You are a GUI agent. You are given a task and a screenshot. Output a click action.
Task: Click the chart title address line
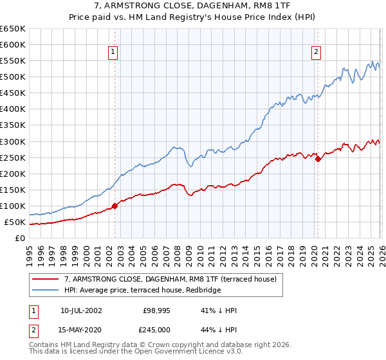pos(193,6)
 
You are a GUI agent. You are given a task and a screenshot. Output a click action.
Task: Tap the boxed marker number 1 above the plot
pos(113,53)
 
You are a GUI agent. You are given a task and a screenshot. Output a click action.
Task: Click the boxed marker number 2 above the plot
pos(317,53)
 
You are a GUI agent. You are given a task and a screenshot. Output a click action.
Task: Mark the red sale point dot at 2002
pos(115,206)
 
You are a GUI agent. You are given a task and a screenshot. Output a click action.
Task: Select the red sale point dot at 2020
pos(318,159)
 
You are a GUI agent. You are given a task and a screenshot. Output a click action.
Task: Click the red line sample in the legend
pos(46,279)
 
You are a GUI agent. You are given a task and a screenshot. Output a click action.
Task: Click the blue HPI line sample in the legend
pos(46,290)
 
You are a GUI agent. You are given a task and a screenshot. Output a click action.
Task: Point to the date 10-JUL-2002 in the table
pos(81,310)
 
